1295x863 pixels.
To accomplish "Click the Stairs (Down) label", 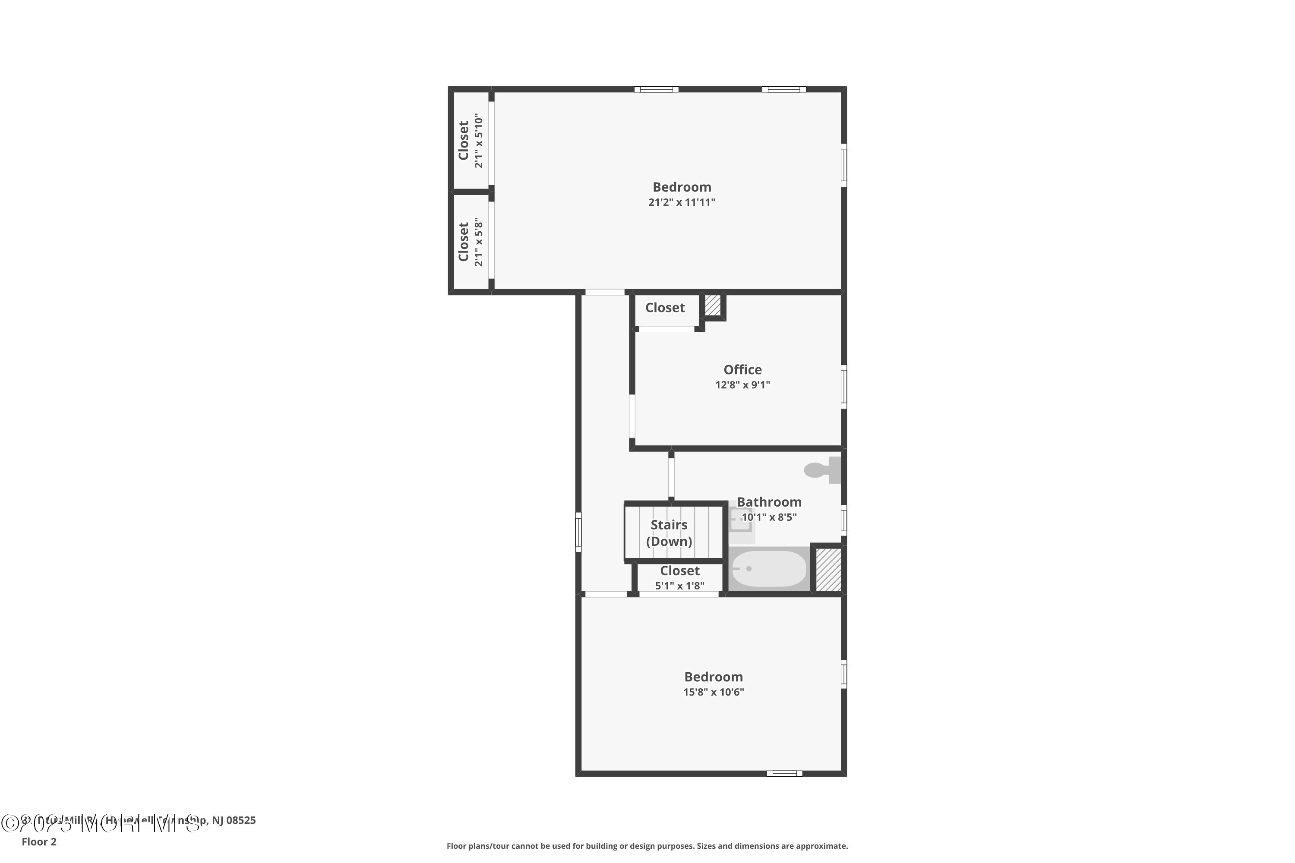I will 669,533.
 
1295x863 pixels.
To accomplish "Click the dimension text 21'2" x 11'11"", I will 682,202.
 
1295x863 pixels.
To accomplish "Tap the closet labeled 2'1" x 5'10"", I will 471,141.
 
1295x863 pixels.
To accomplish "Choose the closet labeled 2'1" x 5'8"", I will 471,243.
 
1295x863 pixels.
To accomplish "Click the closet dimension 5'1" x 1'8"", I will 679,586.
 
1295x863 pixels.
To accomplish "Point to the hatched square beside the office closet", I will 713,306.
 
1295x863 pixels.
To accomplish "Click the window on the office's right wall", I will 843,386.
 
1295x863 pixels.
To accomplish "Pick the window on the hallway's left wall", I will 578,532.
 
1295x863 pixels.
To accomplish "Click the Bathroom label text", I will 769,502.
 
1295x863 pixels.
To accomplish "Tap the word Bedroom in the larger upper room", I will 682,187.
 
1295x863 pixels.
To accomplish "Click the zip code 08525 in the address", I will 241,820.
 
